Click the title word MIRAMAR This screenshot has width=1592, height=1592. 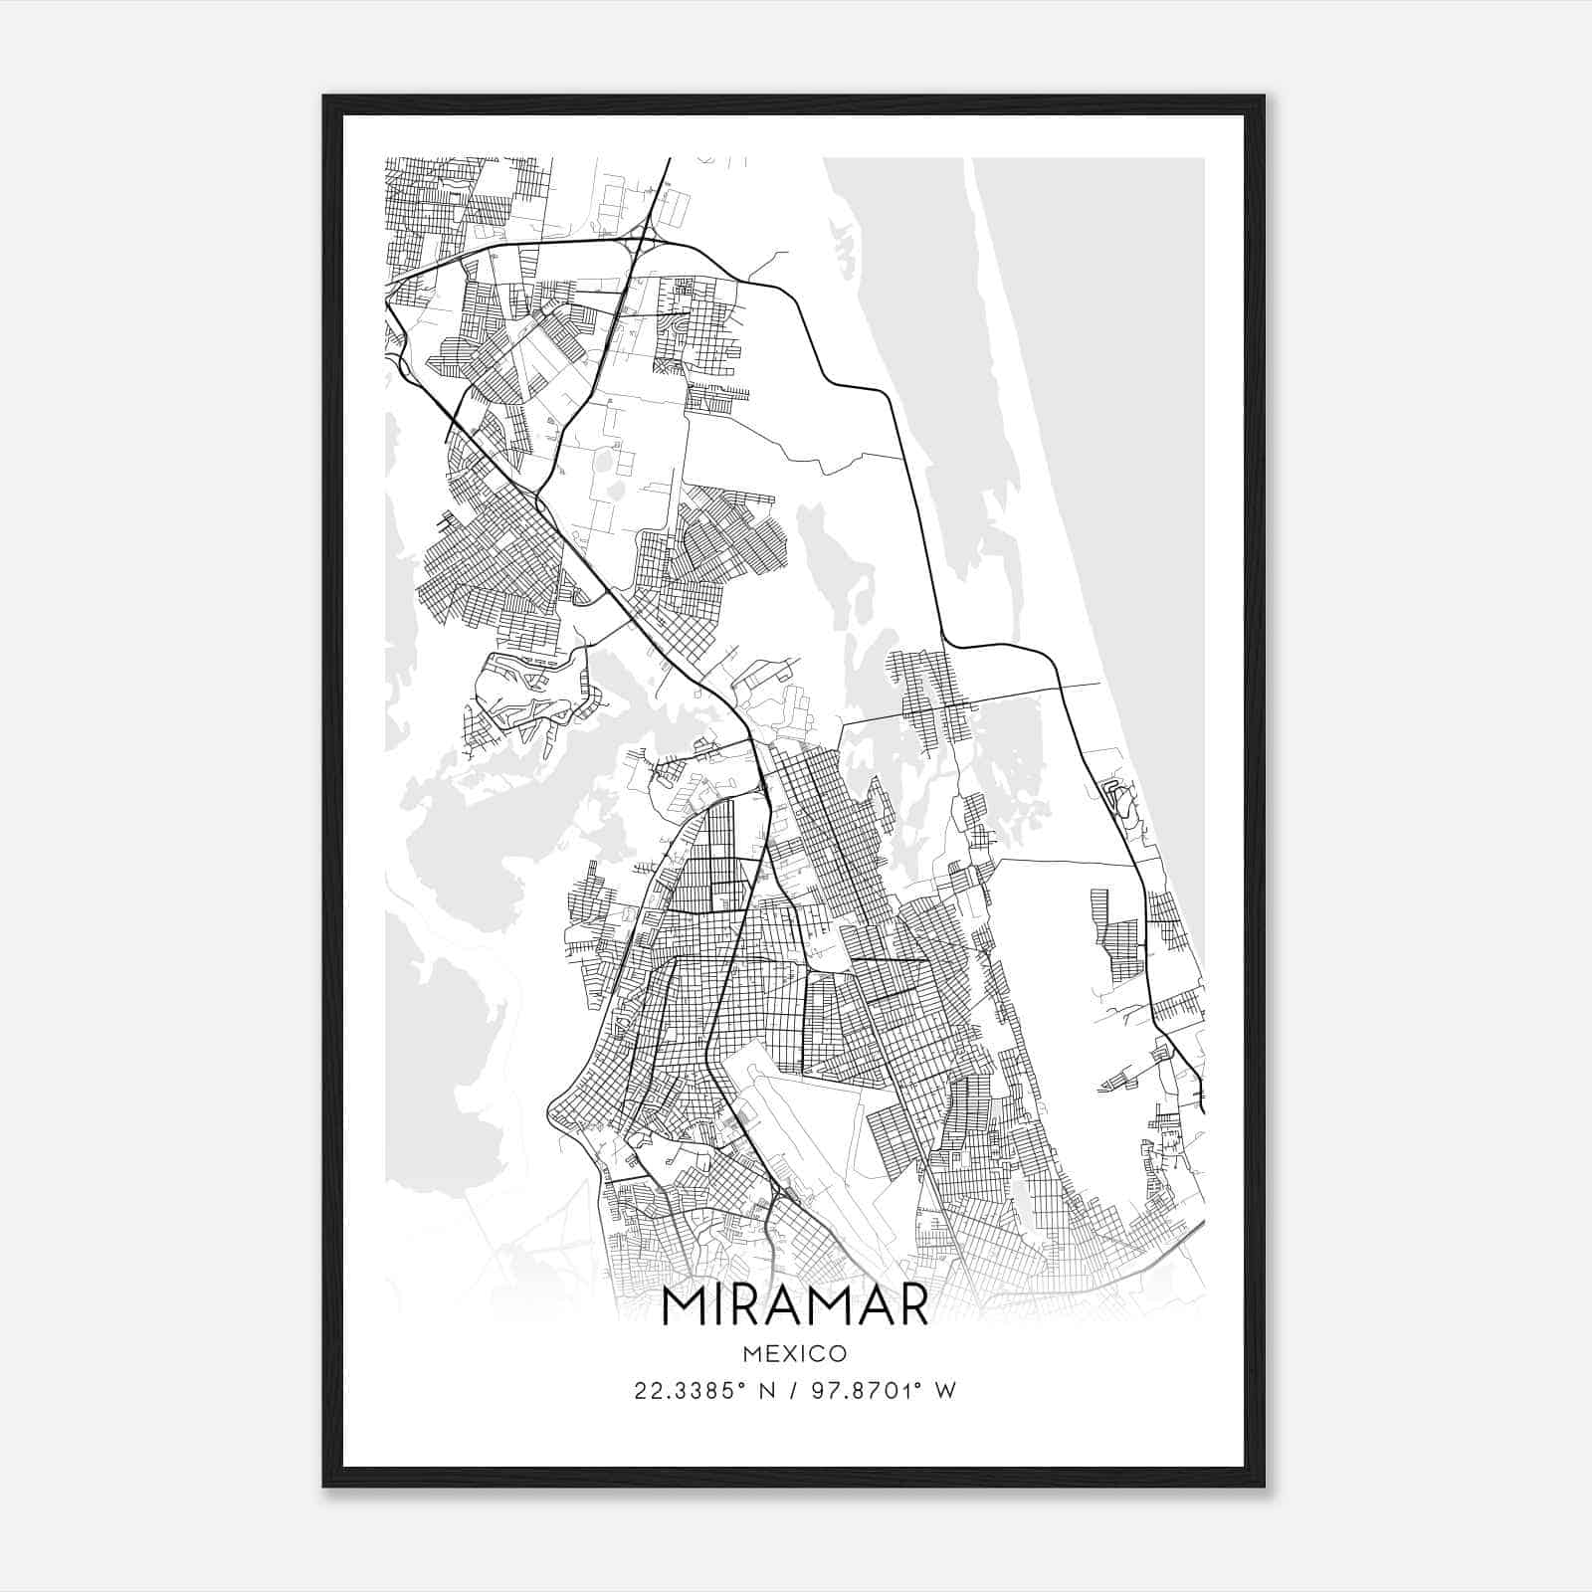click(795, 1306)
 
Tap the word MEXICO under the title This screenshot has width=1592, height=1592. click(795, 1353)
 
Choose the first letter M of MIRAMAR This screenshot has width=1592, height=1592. click(685, 1306)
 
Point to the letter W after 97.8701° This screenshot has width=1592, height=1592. click(945, 1391)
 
